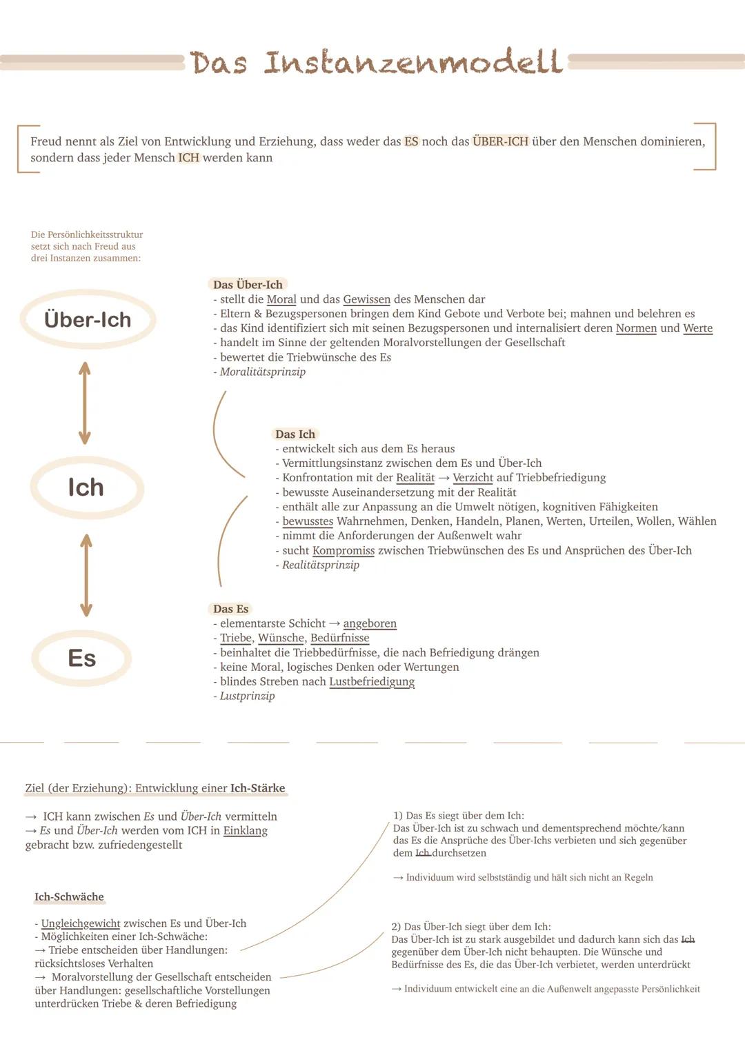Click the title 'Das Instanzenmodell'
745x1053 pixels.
point(376,62)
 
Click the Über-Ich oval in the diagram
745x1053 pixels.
point(88,320)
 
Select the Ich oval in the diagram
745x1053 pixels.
point(86,488)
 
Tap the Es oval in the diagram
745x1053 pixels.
point(82,658)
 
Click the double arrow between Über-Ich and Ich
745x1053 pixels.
point(84,403)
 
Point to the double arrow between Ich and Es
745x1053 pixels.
point(86,575)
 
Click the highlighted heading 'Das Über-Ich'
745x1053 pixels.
point(248,285)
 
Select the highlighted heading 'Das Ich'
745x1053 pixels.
point(295,434)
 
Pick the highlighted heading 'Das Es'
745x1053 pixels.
point(230,609)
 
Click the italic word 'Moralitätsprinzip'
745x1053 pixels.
point(263,372)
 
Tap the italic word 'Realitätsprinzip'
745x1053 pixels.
point(321,565)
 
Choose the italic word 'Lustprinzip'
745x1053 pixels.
point(247,696)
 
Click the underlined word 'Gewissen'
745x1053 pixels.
point(367,299)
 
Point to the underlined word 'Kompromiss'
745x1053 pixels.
point(344,550)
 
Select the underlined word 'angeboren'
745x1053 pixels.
point(370,623)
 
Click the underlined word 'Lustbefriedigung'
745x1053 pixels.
point(372,681)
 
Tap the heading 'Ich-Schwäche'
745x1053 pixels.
point(69,897)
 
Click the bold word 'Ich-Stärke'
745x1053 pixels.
point(257,788)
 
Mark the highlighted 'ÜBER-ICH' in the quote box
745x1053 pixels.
point(500,141)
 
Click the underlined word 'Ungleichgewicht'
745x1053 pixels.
point(81,923)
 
